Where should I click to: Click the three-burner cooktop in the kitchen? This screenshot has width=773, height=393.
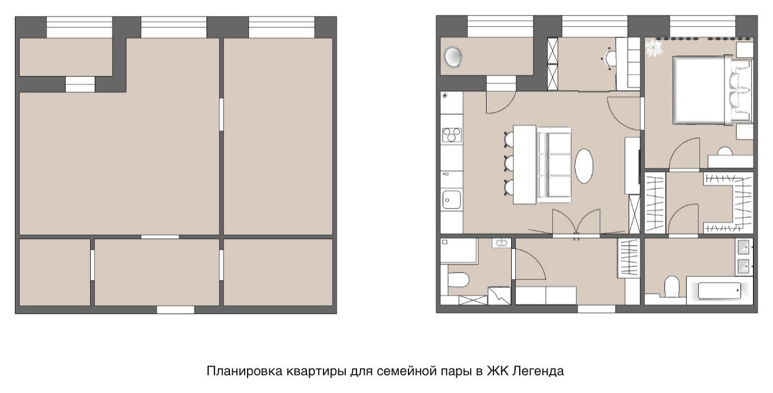point(452,135)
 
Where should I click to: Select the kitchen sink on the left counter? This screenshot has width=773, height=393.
point(452,200)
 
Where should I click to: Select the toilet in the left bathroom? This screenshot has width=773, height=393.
point(458,280)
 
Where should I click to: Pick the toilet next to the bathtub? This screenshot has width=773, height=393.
point(671,284)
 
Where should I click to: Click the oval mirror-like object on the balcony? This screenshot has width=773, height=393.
point(454,57)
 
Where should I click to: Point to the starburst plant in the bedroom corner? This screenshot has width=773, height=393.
point(653,47)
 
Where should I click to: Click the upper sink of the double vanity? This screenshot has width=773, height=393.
point(745,248)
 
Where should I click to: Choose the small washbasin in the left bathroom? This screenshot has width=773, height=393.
point(501,243)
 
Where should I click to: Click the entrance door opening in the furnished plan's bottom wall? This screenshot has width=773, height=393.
point(596,309)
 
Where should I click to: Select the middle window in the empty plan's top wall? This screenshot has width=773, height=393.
point(173,27)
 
